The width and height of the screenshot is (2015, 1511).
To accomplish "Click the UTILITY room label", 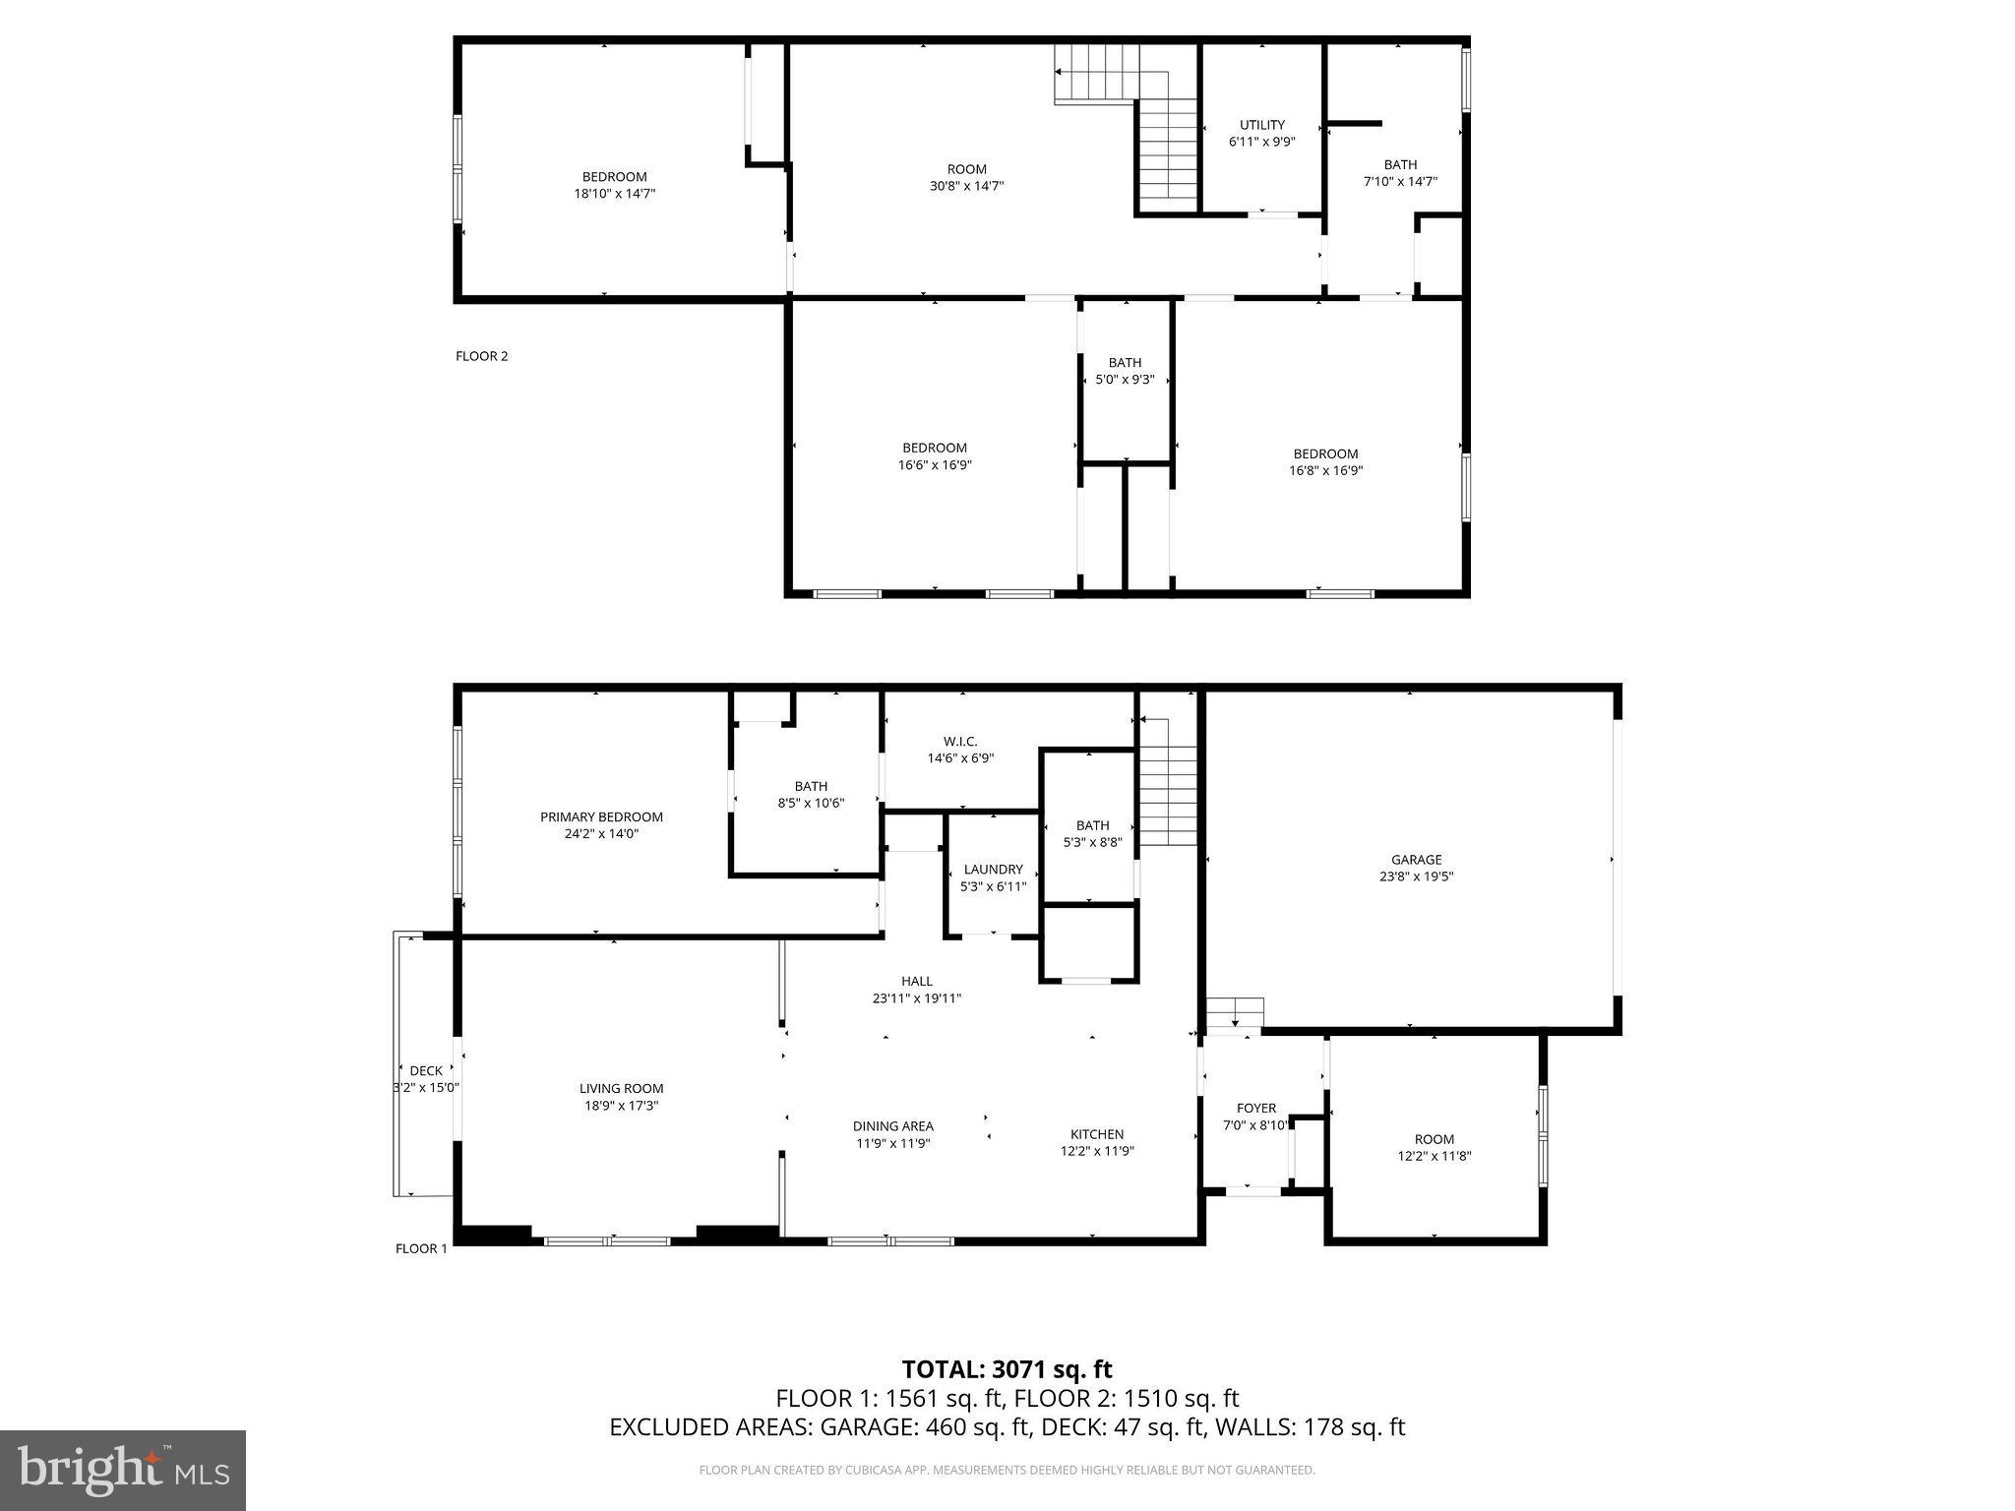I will pos(1261,125).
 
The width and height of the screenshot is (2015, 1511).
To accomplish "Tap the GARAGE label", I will pos(1416,859).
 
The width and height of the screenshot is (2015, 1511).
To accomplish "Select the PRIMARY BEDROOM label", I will pos(601,816).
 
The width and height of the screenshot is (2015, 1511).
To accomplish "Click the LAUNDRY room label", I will pos(993,870).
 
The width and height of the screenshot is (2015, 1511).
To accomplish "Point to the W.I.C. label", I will pos(960,742).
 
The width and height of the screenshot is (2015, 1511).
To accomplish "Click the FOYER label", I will pos(1255,1108).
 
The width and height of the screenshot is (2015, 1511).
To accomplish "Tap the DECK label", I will pos(426,1070).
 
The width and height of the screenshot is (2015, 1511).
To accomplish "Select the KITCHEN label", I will pos(1097,1133).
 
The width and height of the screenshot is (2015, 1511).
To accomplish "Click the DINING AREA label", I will pos(892,1125).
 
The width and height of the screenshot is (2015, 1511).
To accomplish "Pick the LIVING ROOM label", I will pos(621,1088).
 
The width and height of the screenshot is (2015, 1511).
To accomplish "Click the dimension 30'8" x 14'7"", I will pos(966,186).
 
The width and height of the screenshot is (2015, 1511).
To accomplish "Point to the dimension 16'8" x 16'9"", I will pos(1325,470).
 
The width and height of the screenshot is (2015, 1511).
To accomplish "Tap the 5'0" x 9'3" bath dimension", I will pos(1125,379).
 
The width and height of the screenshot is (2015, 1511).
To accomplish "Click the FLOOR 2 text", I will pos(481,356).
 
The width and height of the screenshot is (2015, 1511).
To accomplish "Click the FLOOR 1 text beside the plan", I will pos(421,1248).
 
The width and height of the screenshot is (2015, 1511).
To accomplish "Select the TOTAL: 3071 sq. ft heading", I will pos(1007,1369).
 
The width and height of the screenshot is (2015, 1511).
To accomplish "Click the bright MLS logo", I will pos(123,1470).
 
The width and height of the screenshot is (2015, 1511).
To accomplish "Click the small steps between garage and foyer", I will pos(1235,1014).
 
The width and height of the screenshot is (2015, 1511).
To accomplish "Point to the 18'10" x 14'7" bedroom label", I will pos(614,194).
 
